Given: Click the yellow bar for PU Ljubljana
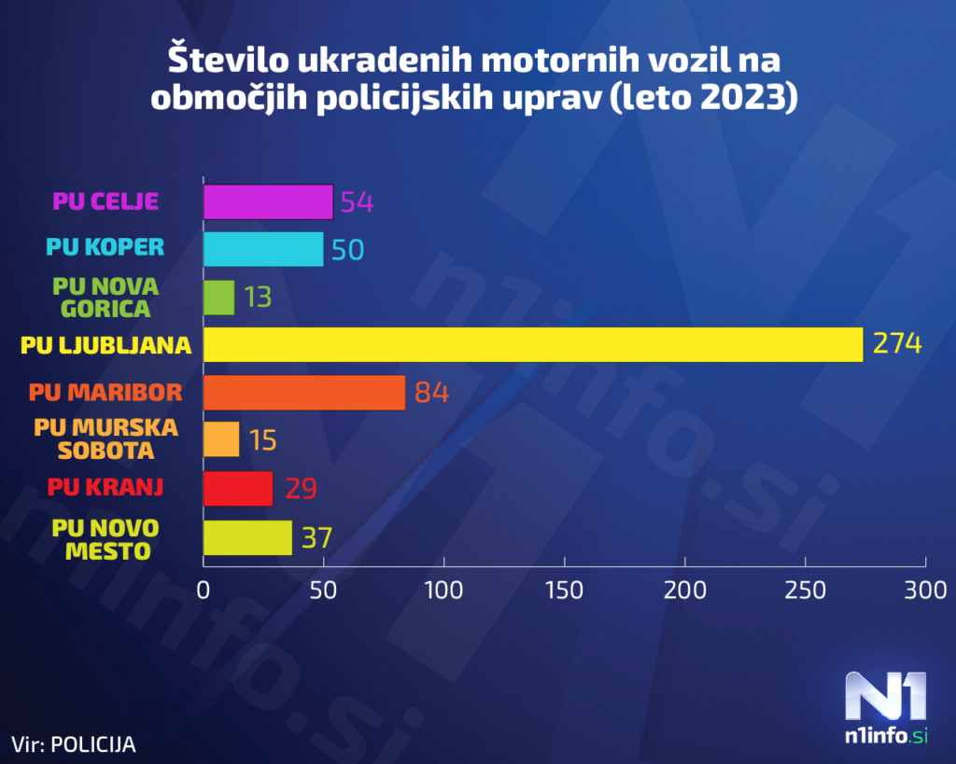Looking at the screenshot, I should pos(532,344).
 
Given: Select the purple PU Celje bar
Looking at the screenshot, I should pos(268,201).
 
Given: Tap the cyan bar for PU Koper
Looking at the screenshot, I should pos(263,249).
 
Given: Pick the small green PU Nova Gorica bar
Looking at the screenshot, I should pos(218,297).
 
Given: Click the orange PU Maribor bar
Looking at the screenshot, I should pos(304,392).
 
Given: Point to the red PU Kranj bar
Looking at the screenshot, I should pos(238,488).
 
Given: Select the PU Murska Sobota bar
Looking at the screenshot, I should pos(221,439).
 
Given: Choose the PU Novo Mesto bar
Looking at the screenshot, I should pos(247,538).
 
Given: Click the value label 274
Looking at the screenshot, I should pos(897,343).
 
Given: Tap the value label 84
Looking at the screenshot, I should pos(432,392).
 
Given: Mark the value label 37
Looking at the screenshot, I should pos(316,538).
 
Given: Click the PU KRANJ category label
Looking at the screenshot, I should pos(105,486).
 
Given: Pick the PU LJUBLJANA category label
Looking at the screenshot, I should pos(105,344).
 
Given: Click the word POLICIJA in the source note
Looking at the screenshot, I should pos(92,744).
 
